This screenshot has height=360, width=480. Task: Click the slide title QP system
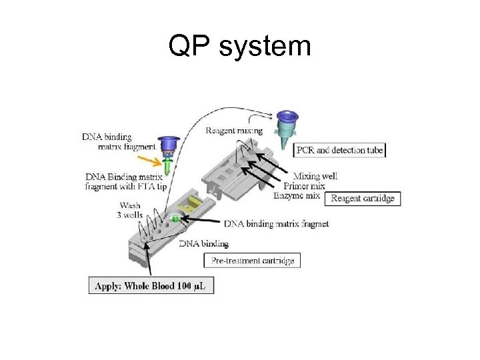[x=240, y=46]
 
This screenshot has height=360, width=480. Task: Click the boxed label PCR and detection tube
[x=340, y=150]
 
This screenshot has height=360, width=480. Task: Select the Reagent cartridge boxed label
[x=362, y=198]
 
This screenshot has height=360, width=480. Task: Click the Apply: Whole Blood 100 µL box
[x=151, y=286]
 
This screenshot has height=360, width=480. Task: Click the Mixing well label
[x=319, y=176]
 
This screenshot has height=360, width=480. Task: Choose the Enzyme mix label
[x=297, y=196]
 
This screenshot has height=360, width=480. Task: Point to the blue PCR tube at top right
[x=287, y=127]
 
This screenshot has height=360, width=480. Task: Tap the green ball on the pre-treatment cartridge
[x=175, y=219]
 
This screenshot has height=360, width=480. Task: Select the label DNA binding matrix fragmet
[x=276, y=223]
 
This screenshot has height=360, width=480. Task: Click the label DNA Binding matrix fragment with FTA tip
[x=126, y=181]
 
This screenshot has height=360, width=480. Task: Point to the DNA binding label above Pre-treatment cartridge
[x=204, y=243]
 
